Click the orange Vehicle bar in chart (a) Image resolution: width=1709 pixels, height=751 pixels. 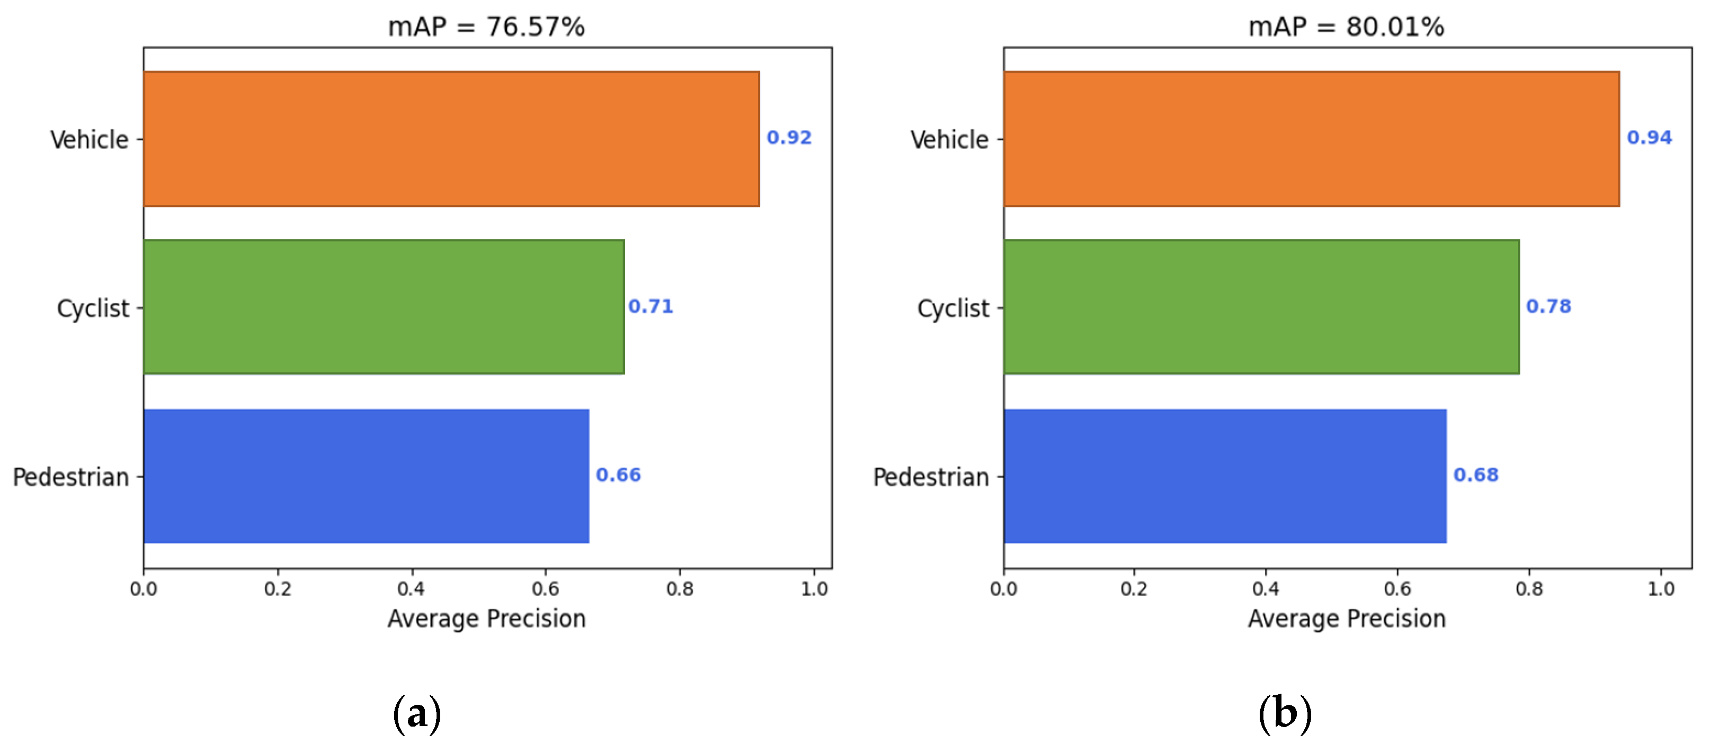point(451,139)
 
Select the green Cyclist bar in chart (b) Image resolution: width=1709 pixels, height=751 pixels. point(1260,307)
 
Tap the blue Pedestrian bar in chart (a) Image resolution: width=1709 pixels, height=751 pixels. point(366,476)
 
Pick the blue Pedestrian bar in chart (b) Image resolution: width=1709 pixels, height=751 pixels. point(1225,476)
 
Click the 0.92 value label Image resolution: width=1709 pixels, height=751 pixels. point(789,137)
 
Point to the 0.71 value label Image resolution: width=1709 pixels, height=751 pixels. point(650,306)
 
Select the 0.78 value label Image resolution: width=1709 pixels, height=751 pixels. point(1548,306)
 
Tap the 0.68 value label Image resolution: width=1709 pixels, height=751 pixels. point(1476,475)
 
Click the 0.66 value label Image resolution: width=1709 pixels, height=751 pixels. point(618,475)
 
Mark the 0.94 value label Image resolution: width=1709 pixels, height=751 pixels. point(1649,137)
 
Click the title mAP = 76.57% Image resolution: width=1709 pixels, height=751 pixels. point(486,27)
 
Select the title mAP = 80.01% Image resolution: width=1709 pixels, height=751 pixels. point(1346,27)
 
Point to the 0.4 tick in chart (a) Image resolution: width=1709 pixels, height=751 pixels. point(411,588)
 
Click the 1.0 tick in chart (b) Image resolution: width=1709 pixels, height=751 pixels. point(1661,588)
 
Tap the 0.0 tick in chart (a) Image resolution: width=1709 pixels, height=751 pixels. point(143,588)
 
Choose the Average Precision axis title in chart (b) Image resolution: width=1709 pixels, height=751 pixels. point(1346,618)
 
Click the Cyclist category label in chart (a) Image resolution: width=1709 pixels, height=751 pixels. point(93,308)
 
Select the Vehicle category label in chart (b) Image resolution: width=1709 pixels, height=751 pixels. point(949,140)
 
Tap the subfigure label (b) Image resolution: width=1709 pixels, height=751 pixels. point(1285,714)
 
